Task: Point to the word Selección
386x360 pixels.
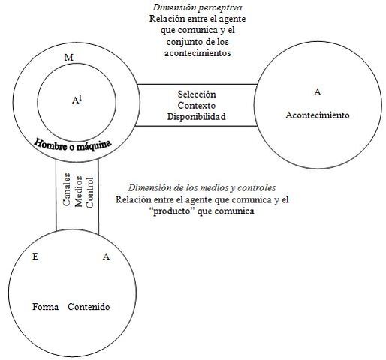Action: [197, 94]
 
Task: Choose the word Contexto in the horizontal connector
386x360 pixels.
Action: [197, 106]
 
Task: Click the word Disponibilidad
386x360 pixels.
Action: [197, 117]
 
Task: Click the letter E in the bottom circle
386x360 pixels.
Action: [35, 256]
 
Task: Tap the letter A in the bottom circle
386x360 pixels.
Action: [106, 256]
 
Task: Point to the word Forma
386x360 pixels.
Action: [47, 307]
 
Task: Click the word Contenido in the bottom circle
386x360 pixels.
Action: [89, 307]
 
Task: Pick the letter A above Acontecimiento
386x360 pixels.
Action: [318, 91]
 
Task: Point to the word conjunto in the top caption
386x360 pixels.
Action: [176, 42]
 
